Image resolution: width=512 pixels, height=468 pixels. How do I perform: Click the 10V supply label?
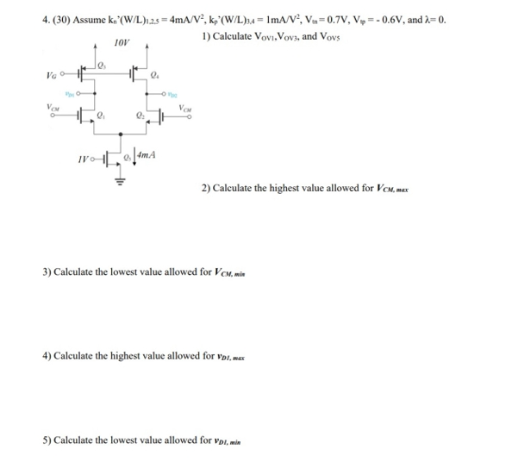(121, 41)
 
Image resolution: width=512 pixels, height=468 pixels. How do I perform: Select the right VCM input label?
(186, 108)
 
